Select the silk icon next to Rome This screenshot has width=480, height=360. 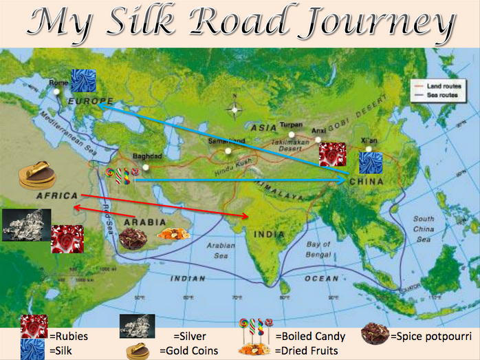click(x=83, y=81)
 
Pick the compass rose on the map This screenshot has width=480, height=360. click(x=234, y=109)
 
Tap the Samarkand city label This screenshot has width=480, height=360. click(x=226, y=141)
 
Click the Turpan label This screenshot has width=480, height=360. click(x=291, y=125)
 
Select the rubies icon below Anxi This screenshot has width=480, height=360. click(x=333, y=155)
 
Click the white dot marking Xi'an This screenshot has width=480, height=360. click(x=369, y=149)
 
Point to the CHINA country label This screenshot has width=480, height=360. click(x=367, y=181)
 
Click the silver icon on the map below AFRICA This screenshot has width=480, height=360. click(x=25, y=225)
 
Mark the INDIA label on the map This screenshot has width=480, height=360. click(x=269, y=234)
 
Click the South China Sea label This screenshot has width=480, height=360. click(x=424, y=229)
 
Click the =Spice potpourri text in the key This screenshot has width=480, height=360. click(x=430, y=337)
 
